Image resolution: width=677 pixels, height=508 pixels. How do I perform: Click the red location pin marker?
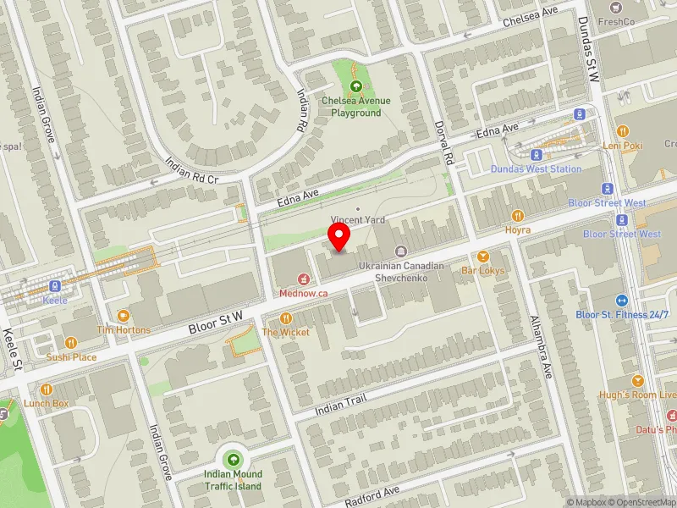coord(339,237)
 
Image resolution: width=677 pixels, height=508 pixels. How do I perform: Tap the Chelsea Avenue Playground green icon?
coord(355,86)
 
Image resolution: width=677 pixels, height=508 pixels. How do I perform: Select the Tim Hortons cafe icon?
coord(124,315)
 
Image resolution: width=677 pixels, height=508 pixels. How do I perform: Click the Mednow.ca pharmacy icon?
coord(304,279)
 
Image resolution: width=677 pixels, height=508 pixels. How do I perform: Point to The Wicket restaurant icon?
coord(285,318)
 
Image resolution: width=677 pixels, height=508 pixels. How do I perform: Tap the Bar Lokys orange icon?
coord(483,257)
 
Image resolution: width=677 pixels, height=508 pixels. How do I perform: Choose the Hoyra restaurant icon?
coord(517,216)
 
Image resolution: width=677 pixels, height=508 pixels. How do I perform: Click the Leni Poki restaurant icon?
coord(623,131)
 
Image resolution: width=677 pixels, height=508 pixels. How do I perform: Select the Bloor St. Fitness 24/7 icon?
coord(622,300)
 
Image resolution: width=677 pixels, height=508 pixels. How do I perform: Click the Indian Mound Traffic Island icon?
coord(233,460)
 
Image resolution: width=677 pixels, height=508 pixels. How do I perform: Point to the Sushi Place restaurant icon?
coord(71,343)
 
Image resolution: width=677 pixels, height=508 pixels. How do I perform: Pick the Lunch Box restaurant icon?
coord(47,389)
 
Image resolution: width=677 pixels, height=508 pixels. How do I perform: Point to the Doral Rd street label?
coord(448,148)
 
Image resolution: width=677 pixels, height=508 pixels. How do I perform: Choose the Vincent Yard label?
coord(358,220)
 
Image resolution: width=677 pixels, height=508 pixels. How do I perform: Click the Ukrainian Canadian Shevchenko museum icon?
coord(400,251)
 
